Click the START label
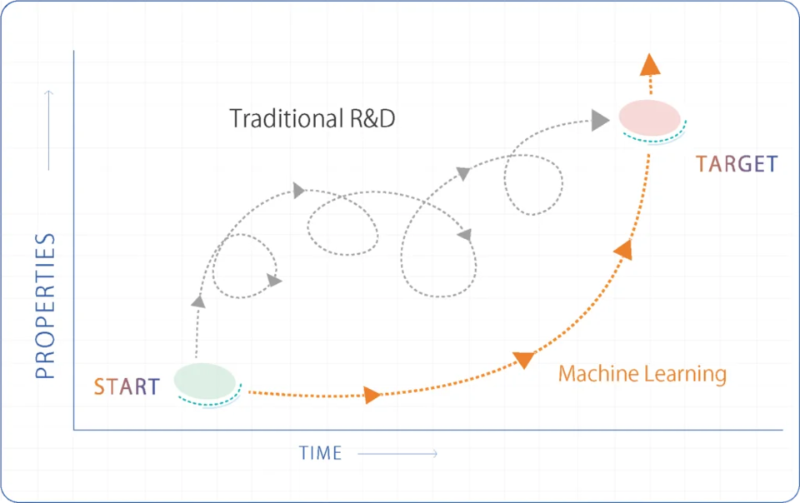pyautogui.click(x=126, y=386)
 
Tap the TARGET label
pyautogui.click(x=736, y=164)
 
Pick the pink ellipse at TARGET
pyautogui.click(x=649, y=117)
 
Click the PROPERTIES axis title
pyautogui.click(x=46, y=306)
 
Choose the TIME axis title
pyautogui.click(x=321, y=453)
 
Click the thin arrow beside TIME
pyautogui.click(x=398, y=453)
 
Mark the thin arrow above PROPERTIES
pyautogui.click(x=48, y=129)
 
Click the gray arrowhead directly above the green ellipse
pyautogui.click(x=198, y=301)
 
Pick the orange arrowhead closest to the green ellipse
pyautogui.click(x=372, y=395)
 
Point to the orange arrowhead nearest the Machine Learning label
pyautogui.click(x=523, y=359)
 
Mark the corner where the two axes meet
pyautogui.click(x=74, y=430)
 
